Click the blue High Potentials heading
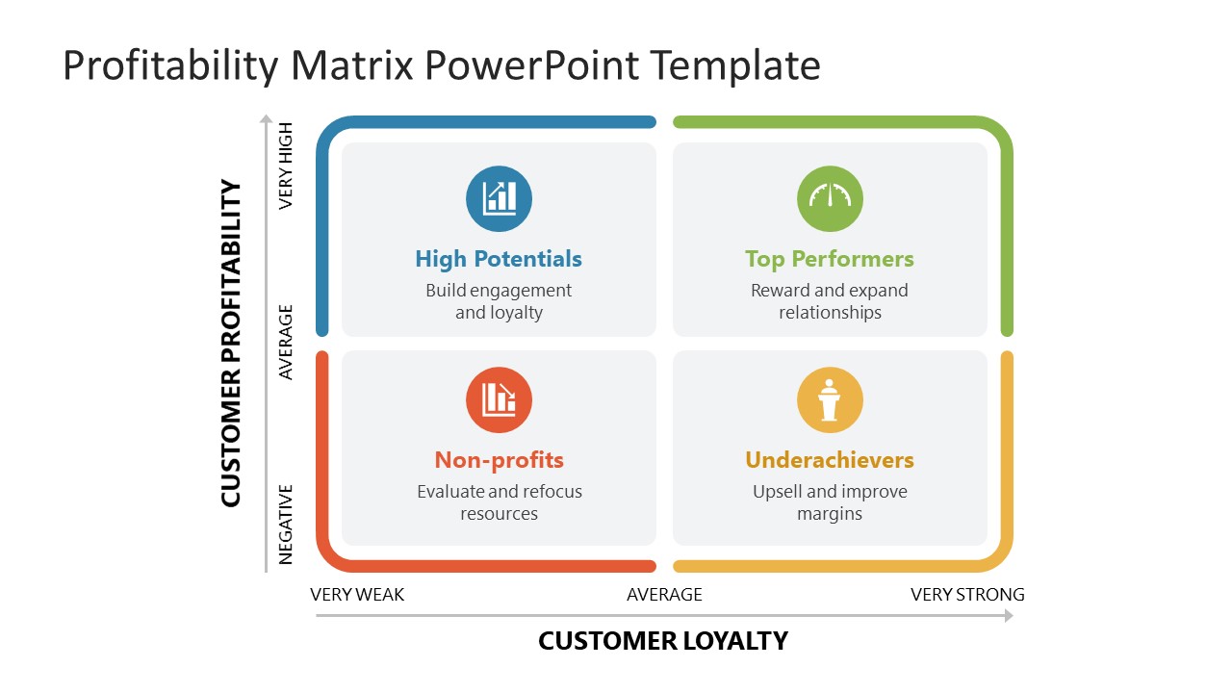point(499,259)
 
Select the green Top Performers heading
point(829,259)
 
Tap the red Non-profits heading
point(499,460)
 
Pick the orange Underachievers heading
point(829,460)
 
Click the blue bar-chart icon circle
point(499,198)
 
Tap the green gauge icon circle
point(830,198)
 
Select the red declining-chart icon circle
point(499,399)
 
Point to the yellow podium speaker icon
point(830,399)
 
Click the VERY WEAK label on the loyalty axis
point(357,595)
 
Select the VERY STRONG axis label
point(967,595)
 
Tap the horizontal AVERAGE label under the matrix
point(664,595)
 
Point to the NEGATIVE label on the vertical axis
point(286,524)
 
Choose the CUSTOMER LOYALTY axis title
point(663,641)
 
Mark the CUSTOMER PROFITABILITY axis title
point(231,343)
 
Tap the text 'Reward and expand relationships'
point(829,301)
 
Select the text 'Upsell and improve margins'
point(829,502)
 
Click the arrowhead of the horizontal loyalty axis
point(1009,616)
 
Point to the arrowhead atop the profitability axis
point(267,119)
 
